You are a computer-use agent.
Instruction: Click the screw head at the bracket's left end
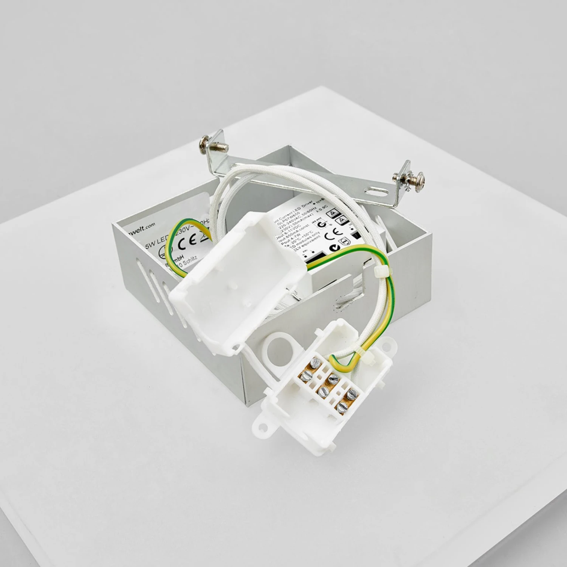click(204, 144)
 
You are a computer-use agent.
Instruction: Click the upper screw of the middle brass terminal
click(333, 376)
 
